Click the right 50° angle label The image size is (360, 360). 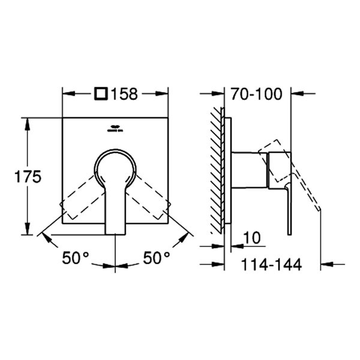tap(157, 258)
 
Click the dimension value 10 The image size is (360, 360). tap(253, 238)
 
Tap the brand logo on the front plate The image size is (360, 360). tap(114, 128)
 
